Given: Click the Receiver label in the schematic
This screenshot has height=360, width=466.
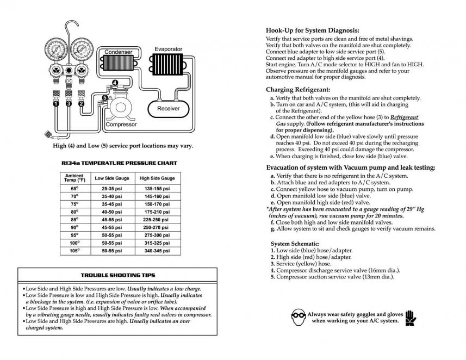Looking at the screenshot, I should [168, 108].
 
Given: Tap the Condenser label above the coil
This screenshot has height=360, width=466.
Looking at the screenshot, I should [118, 52].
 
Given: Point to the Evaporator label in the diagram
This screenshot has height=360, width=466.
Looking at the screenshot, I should [168, 49].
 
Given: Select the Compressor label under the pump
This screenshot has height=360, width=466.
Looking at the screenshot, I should [121, 125].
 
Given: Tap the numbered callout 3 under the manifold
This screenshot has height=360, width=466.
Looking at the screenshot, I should [69, 103].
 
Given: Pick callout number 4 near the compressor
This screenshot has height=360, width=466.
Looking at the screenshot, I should [114, 83].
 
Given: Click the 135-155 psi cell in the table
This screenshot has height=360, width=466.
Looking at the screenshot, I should [157, 188].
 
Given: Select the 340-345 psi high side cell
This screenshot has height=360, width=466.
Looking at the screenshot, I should [157, 251].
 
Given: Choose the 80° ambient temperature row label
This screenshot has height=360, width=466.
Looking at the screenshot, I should [74, 212].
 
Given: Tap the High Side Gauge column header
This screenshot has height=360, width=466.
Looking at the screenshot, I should [157, 178].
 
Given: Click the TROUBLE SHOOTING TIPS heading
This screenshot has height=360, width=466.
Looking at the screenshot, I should [118, 275].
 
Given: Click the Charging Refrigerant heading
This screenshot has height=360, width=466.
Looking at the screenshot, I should [298, 89].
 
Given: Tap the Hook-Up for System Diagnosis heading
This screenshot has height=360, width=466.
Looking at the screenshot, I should [312, 30].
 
